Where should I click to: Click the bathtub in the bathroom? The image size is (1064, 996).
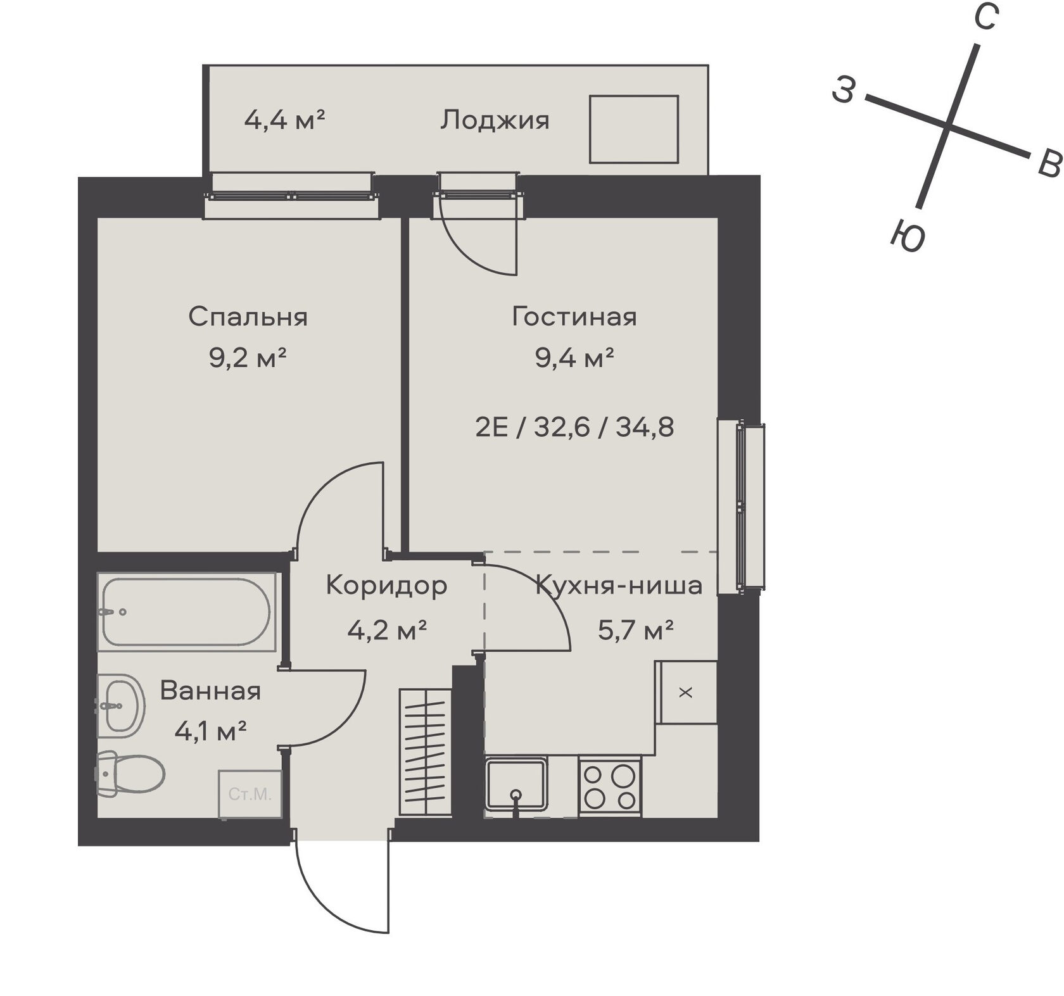point(187,612)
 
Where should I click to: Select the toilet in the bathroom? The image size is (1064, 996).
point(130,773)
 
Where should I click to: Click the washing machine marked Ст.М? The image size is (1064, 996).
point(250,794)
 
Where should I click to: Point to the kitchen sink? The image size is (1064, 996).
point(516,785)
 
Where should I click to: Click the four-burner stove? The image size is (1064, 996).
point(610,786)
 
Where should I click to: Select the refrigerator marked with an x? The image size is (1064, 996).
point(686,692)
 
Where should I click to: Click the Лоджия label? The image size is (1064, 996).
point(495,120)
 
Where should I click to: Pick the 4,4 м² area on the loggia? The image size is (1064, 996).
point(284,119)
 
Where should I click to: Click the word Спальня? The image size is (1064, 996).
point(248,317)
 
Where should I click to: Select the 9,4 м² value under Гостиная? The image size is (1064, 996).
point(574,358)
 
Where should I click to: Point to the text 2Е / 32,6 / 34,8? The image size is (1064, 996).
point(574,427)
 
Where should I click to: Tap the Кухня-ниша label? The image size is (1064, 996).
point(619,586)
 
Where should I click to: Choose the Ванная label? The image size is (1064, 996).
point(210,691)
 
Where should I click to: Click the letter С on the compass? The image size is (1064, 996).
point(985,16)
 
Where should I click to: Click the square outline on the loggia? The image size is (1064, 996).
point(634,129)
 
